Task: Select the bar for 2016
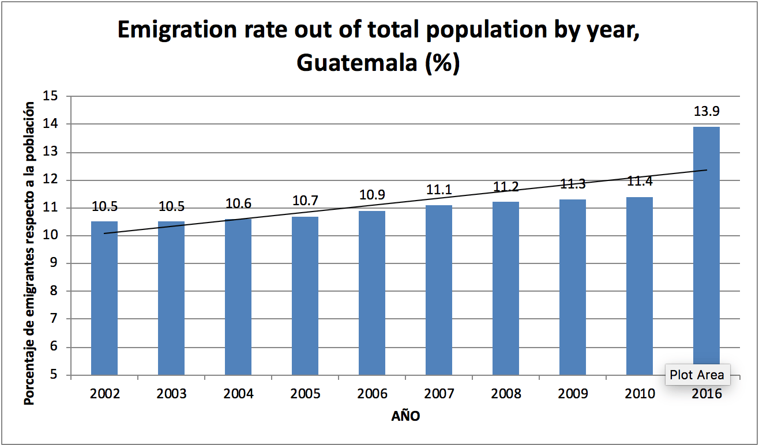pyautogui.click(x=706, y=242)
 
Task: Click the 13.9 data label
pyautogui.click(x=706, y=111)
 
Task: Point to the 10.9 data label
pyautogui.click(x=372, y=195)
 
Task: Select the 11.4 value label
pyautogui.click(x=640, y=182)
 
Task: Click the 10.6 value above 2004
pyautogui.click(x=238, y=203)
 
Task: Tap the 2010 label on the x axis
pyautogui.click(x=640, y=394)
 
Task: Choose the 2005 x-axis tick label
pyautogui.click(x=305, y=394)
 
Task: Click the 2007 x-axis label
pyautogui.click(x=439, y=394)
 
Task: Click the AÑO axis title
pyautogui.click(x=405, y=416)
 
